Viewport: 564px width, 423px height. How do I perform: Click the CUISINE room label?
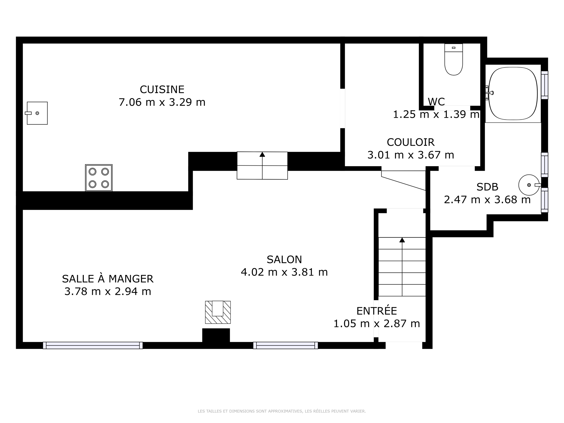click(x=162, y=89)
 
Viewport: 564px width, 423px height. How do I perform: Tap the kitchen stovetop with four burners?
click(x=99, y=178)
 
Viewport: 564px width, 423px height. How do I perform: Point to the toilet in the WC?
click(x=454, y=59)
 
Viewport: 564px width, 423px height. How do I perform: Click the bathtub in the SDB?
click(x=513, y=93)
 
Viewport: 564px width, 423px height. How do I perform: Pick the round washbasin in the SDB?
click(x=529, y=185)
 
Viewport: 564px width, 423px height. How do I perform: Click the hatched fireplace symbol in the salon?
click(x=218, y=312)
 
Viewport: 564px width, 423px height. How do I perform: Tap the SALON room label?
click(x=284, y=259)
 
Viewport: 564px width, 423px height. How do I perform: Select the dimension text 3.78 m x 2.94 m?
click(x=108, y=291)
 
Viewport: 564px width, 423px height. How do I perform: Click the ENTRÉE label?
click(x=377, y=310)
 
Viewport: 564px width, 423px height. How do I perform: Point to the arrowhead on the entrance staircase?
click(x=402, y=240)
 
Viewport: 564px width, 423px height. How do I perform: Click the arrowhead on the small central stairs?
click(x=262, y=155)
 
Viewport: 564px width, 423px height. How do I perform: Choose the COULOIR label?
click(x=410, y=142)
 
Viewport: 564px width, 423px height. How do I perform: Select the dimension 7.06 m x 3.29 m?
click(x=162, y=102)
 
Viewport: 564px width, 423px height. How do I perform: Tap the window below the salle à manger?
click(x=93, y=345)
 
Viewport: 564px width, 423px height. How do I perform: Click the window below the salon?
click(x=286, y=345)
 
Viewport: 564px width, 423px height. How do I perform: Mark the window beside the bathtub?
click(x=545, y=85)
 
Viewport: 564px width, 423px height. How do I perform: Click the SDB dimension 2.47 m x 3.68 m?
click(x=487, y=200)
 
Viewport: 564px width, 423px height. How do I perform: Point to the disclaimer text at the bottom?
click(x=282, y=411)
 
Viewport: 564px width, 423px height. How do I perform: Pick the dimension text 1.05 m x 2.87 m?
click(x=377, y=324)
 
